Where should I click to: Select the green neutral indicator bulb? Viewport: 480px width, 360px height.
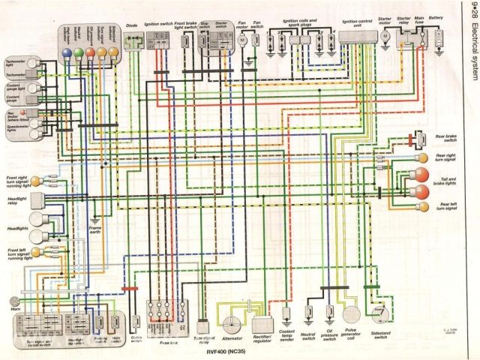[x=88, y=52]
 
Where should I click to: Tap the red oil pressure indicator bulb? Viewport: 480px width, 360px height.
[x=100, y=52]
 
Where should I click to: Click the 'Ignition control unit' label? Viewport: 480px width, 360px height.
[x=356, y=23]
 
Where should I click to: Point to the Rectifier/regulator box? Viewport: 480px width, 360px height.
[x=262, y=324]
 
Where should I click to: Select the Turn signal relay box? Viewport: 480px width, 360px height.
[x=202, y=328]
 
